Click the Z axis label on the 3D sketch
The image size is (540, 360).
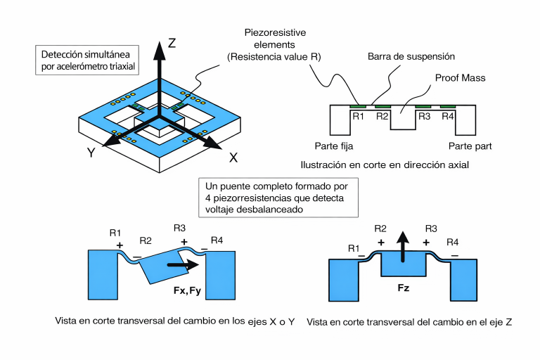click(172, 43)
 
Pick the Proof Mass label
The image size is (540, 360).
click(461, 77)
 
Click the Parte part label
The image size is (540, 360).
click(470, 146)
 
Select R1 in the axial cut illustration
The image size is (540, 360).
click(359, 116)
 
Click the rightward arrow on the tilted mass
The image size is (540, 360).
click(181, 266)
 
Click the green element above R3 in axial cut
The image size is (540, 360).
click(423, 107)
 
